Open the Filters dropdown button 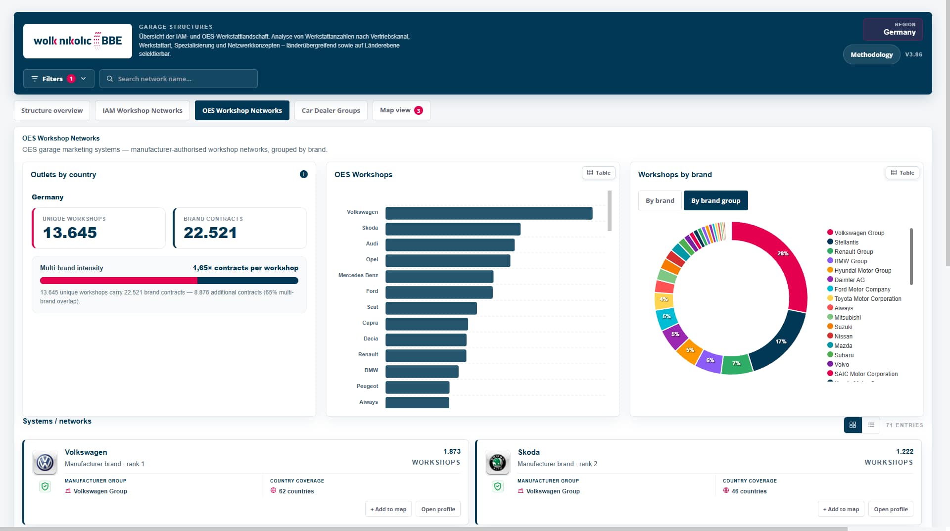point(58,79)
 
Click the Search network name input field point(179,79)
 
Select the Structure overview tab point(52,110)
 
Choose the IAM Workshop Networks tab point(142,110)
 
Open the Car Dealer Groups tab point(331,110)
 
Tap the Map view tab point(401,110)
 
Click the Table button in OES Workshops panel point(599,173)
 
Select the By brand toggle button point(660,200)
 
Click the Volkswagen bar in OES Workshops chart point(489,213)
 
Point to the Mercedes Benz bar point(439,277)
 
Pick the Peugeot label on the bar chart point(367,386)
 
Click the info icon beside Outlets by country point(304,174)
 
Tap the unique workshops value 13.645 point(70,233)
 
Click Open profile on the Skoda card point(891,509)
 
